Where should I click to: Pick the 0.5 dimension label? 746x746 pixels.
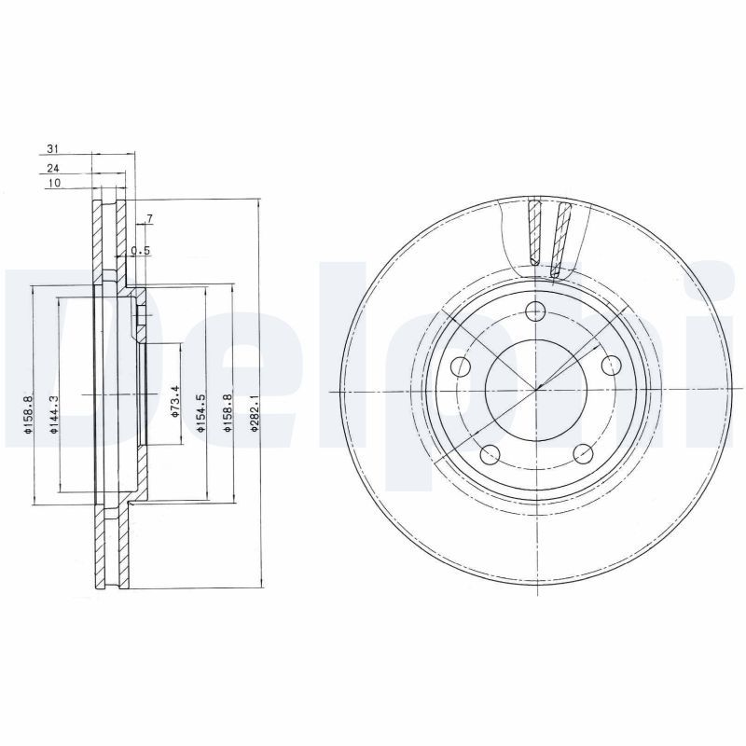141,250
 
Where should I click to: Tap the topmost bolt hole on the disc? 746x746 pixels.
535,311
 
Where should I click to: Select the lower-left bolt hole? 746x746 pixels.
489,454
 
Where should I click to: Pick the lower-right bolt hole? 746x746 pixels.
584,454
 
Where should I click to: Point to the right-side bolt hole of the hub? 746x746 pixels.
612,365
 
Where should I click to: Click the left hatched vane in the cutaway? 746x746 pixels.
534,233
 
